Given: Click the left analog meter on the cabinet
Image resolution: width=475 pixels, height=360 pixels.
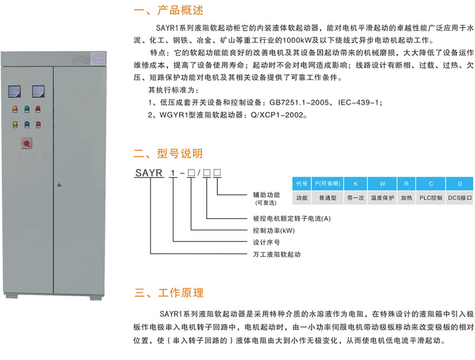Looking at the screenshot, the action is coord(15,92).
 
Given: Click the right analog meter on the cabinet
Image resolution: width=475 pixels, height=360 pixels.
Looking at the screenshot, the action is coord(38,92).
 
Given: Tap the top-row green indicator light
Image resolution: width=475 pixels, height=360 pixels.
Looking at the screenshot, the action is coord(27,109).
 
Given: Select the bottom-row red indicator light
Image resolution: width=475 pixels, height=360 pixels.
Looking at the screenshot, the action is coord(38,125).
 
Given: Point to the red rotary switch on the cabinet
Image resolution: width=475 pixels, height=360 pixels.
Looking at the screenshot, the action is coord(26,143).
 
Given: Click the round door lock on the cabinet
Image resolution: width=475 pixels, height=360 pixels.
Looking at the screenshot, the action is coord(59,185).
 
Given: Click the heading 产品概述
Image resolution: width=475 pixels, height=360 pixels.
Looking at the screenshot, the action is coord(180,10).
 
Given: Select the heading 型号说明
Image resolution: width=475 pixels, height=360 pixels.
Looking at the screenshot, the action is coord(180,153).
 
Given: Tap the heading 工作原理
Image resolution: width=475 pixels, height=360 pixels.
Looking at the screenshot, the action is coord(181,293).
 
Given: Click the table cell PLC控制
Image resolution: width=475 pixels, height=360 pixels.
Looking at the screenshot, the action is coord(431,198).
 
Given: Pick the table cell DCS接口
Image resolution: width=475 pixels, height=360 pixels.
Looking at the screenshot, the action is coord(460,198).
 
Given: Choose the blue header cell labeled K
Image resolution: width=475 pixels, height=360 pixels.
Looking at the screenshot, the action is coord(356,184).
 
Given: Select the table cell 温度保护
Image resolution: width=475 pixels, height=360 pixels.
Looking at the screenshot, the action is coord(382,198).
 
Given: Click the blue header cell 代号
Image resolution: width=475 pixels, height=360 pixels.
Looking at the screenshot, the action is coord(302,184).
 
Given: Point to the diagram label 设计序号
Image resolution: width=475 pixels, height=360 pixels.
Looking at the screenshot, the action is coord(267,242).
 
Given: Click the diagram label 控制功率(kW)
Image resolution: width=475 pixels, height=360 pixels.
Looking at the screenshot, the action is coord(274,230).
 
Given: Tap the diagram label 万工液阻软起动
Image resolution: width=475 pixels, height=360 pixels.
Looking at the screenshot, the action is coord(277,254).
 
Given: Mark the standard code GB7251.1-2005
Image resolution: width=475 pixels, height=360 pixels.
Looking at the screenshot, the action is coord(299,103).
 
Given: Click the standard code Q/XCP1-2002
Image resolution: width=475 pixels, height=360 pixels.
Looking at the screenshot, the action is coord(277,115).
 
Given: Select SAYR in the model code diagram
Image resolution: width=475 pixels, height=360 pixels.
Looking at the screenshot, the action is coord(149,173).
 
